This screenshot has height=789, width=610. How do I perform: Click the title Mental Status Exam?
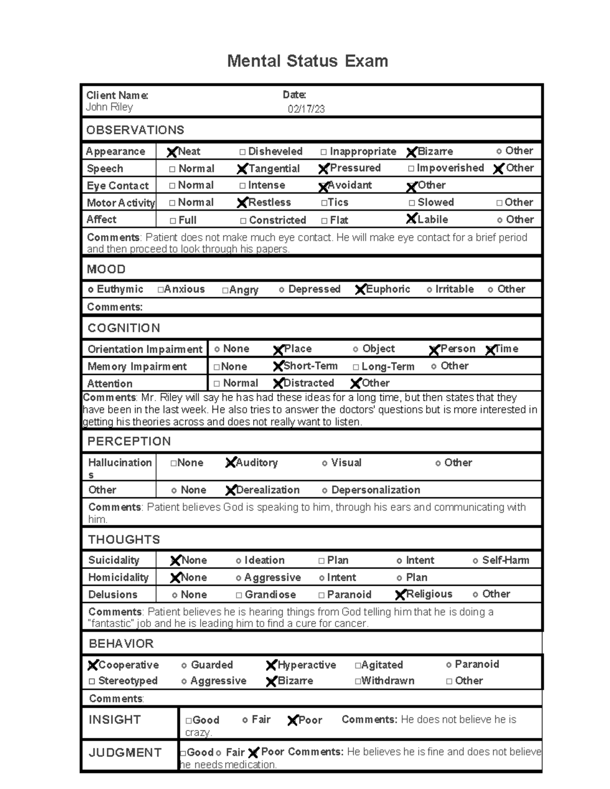[307, 61]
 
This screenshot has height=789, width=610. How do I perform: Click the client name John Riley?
[109, 107]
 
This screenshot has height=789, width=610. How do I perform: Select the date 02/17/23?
[306, 109]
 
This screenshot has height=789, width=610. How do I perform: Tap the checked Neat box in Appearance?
[172, 152]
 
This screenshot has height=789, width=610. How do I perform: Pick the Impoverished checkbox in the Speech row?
[411, 168]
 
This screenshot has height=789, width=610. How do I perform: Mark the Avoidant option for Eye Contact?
[323, 186]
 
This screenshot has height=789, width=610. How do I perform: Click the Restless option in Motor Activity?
[242, 203]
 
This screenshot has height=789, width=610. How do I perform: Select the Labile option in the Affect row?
[411, 219]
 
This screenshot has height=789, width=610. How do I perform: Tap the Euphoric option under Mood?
[360, 290]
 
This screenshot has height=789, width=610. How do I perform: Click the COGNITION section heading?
[124, 328]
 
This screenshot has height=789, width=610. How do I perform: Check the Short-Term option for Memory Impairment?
[278, 366]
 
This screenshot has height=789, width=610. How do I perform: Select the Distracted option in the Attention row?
[278, 383]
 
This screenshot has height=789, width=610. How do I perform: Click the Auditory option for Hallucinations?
[230, 463]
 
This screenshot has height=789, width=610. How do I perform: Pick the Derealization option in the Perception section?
[230, 490]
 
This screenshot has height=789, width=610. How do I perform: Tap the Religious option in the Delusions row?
[400, 594]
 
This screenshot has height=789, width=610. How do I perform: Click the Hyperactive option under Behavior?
[271, 665]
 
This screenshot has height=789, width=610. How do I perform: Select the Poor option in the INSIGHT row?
[292, 720]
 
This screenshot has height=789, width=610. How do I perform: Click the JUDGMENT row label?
[125, 752]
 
